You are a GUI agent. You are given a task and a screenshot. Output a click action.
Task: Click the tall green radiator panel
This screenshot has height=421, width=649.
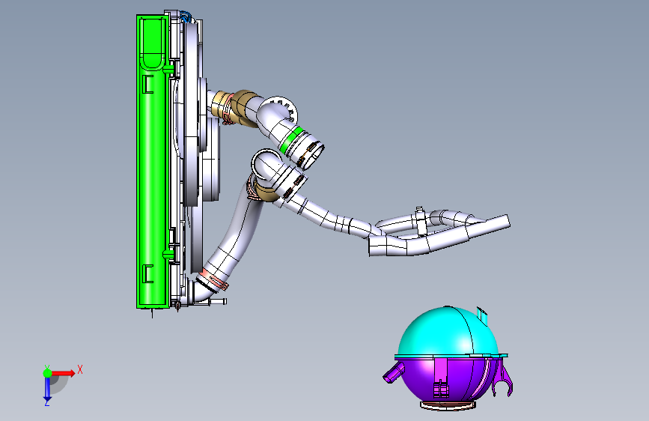click(x=153, y=162)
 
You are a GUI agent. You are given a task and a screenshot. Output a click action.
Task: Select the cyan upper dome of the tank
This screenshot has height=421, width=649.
click(x=447, y=332)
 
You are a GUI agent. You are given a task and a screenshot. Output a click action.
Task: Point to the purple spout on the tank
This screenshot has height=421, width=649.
click(x=393, y=372)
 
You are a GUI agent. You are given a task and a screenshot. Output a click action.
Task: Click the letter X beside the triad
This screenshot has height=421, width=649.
click(x=80, y=369)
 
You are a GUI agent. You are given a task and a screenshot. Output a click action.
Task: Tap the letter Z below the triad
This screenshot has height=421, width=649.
click(x=47, y=402)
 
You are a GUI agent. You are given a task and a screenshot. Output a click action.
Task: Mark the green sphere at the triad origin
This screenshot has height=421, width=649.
click(x=47, y=373)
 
